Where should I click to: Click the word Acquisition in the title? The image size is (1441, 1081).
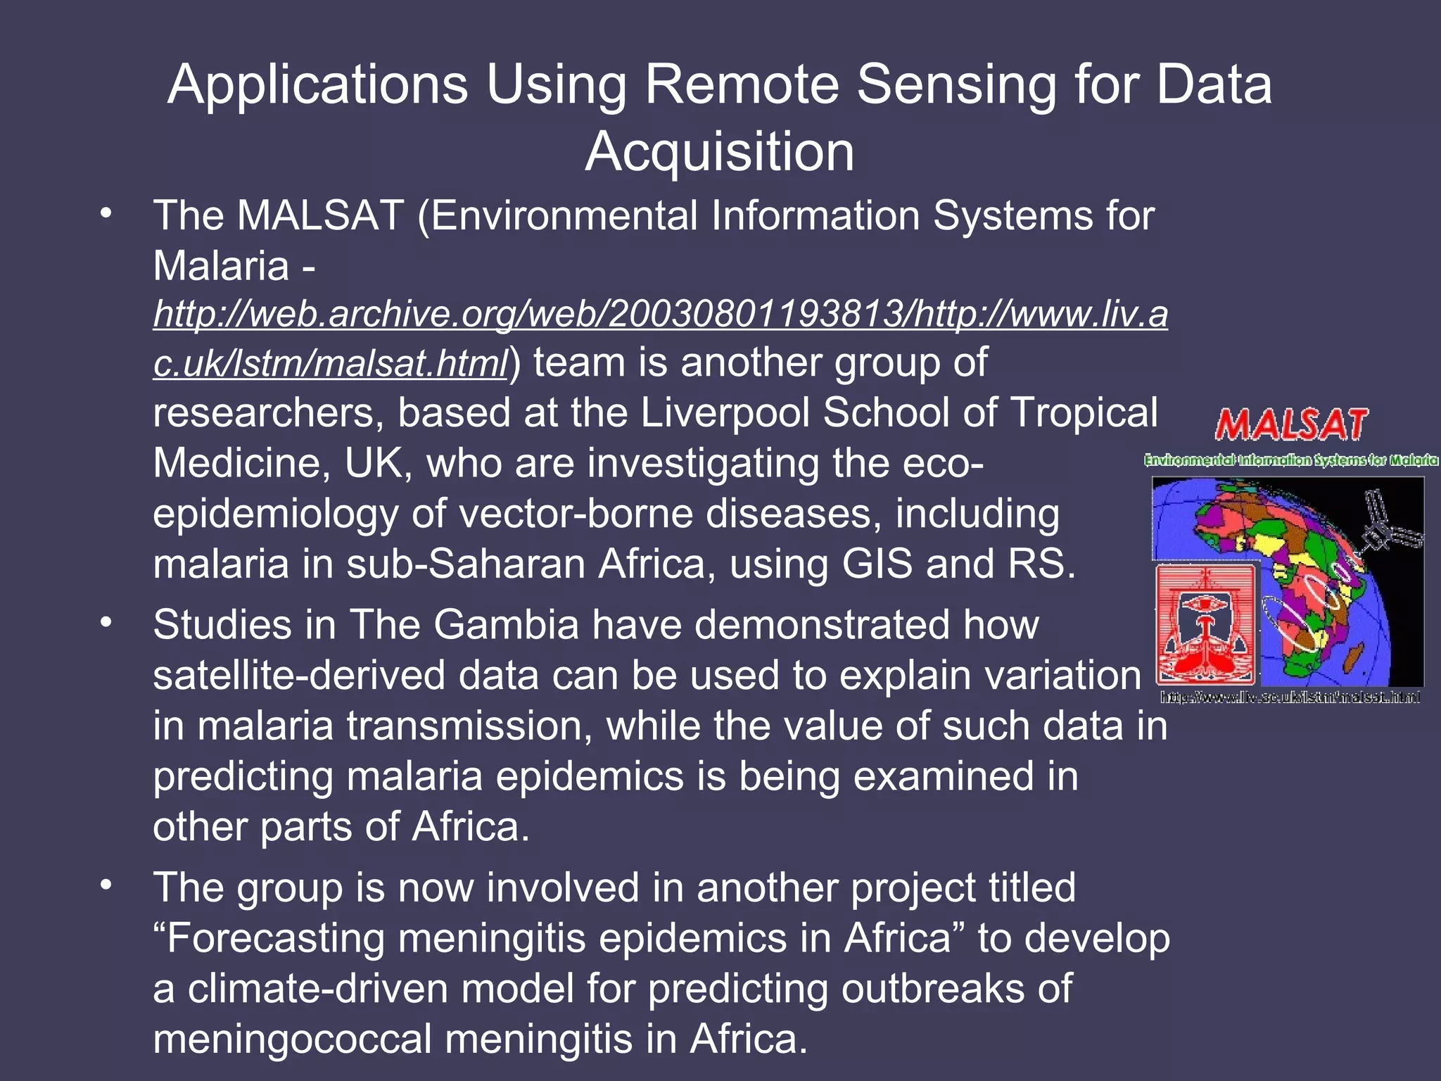719,152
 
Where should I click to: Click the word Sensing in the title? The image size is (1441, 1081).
956,85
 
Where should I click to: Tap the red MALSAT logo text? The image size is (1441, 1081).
1291,426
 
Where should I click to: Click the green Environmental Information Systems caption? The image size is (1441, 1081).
1291,461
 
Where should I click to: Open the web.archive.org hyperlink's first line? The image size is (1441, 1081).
660,314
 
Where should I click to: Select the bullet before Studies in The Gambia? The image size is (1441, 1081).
106,623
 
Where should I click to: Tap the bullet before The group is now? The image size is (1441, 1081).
106,885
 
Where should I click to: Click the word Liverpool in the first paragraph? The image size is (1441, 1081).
725,413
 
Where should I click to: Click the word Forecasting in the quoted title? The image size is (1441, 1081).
275,939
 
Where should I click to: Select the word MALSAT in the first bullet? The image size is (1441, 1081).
320,215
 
